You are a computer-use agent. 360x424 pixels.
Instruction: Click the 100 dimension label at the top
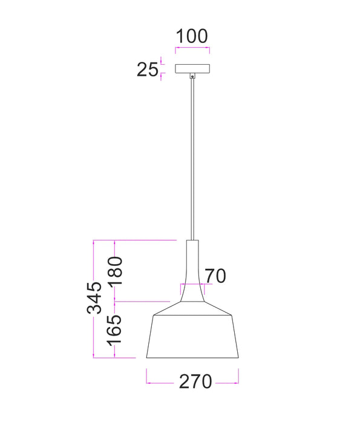[x=192, y=36]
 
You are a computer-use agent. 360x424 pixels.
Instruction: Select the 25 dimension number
[x=147, y=70]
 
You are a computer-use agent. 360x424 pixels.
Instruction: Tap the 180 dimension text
[x=116, y=270]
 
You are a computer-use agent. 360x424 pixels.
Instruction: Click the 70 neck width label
[x=214, y=276]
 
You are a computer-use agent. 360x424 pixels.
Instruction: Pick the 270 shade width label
[x=195, y=382]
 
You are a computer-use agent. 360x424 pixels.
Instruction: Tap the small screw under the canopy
[x=192, y=76]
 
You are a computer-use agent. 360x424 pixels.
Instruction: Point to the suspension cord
[x=192, y=157]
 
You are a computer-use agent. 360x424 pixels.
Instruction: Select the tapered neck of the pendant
[x=192, y=267]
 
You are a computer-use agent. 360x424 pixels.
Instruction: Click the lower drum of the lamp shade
[x=192, y=336]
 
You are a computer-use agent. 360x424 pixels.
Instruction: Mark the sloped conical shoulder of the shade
[x=192, y=308]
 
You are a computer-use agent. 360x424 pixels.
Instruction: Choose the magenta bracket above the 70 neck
[x=192, y=283]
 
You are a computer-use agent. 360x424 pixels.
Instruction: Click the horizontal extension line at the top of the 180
[x=145, y=240]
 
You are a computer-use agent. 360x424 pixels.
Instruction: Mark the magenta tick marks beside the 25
[x=162, y=69]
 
